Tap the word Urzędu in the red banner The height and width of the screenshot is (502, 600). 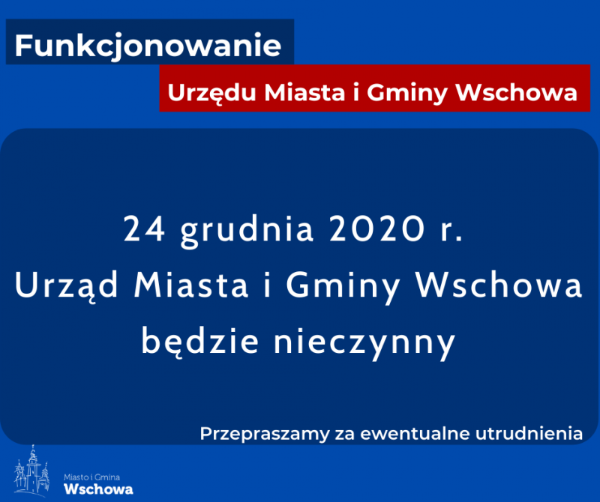[x=211, y=93]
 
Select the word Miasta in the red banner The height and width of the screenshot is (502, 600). [x=304, y=92]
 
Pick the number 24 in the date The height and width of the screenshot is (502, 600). [x=144, y=229]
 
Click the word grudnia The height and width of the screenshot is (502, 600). [x=247, y=231]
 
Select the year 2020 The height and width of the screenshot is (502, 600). [x=377, y=229]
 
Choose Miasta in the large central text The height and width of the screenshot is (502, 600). [x=191, y=285]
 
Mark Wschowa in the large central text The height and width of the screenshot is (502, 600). [x=499, y=284]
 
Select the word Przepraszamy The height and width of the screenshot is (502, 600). [x=265, y=435]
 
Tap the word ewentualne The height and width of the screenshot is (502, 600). [x=414, y=434]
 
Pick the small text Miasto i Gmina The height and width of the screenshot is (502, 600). [x=91, y=477]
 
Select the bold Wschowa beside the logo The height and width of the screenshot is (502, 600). [x=99, y=489]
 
